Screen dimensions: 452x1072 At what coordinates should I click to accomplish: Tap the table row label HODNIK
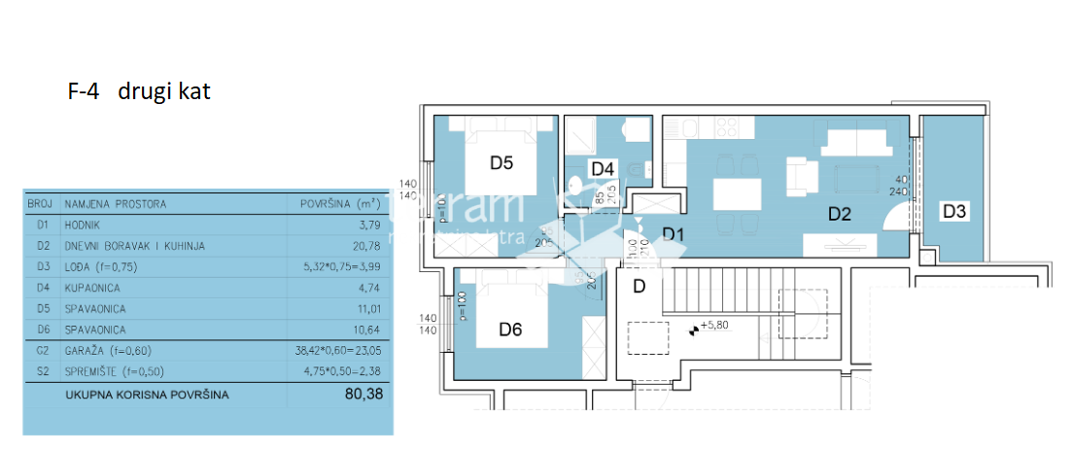coord(86,226)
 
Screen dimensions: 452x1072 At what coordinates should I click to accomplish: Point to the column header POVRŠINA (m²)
coord(336,204)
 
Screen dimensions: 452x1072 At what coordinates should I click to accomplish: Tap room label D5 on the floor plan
coord(501,162)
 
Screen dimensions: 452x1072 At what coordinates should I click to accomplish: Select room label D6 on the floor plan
coord(510,330)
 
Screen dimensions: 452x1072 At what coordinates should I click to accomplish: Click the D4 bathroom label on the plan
coord(603,169)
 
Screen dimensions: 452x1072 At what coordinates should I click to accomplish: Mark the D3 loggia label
coord(953,210)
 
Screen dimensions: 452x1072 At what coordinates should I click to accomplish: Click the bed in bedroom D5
coord(501,146)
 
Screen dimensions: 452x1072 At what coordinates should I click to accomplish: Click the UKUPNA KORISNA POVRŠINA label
coord(147,396)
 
